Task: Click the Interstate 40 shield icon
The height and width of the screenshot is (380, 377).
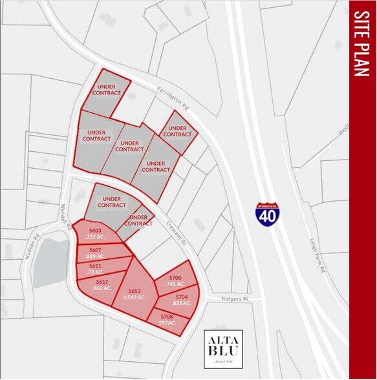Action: (267, 213)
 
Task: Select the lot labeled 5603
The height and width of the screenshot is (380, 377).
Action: (95, 233)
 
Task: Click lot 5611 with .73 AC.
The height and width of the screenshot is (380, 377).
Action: (96, 269)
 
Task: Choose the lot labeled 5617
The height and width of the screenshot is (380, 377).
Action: (102, 285)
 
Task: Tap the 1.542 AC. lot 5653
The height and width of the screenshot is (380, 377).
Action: (135, 294)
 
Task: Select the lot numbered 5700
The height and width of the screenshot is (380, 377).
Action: (175, 280)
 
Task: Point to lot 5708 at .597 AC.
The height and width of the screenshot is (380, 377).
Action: (168, 319)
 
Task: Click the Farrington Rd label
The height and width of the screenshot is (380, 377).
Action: (172, 96)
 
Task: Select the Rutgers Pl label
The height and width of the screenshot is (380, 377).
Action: (235, 300)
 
